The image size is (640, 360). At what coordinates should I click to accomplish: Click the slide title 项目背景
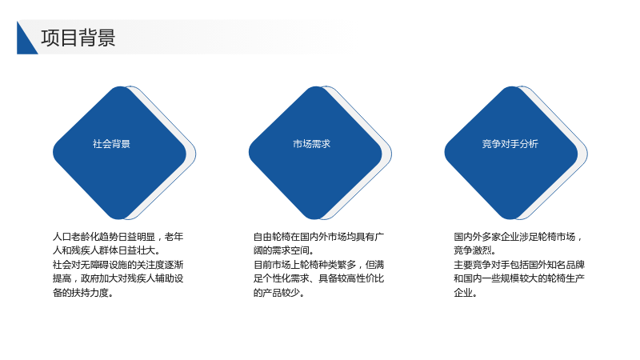[78, 38]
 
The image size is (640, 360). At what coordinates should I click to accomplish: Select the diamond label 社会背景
[111, 144]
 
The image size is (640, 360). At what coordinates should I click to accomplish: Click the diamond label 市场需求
[311, 144]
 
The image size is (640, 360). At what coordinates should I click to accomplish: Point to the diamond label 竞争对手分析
[510, 144]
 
